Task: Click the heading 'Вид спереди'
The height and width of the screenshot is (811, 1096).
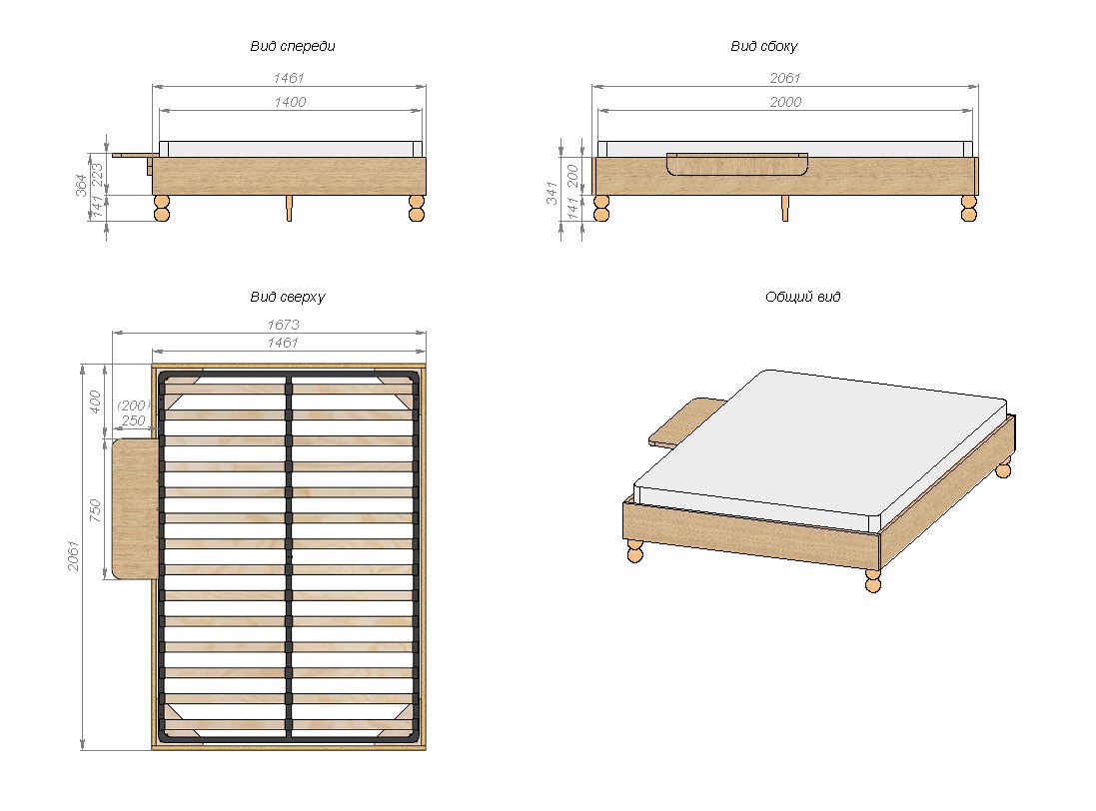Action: point(292,47)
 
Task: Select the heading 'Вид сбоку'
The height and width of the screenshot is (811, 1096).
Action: point(764,47)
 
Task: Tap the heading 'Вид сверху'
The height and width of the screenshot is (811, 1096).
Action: point(288,298)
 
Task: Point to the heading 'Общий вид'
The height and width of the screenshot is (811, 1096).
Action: point(802,298)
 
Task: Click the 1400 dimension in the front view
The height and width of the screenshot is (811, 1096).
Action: point(291,102)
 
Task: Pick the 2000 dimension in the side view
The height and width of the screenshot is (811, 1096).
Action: point(784,102)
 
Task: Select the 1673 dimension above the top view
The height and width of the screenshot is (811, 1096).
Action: point(284,325)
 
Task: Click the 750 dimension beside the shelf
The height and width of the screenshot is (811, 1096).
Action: point(96,509)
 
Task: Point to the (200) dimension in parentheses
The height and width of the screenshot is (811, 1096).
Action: point(132,405)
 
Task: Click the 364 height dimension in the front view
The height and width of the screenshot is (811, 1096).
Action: point(81,187)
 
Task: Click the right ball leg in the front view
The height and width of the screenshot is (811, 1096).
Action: point(417,208)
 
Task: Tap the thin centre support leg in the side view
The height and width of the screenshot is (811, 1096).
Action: point(785,207)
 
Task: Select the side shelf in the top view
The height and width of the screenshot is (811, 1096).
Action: point(134,508)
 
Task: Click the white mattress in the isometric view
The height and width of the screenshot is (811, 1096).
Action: point(819,444)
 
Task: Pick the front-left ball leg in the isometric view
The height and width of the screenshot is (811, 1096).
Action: point(634,550)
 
